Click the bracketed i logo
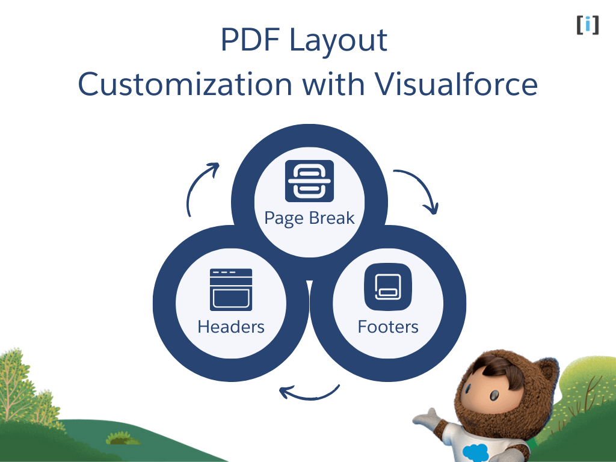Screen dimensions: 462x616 click(x=587, y=25)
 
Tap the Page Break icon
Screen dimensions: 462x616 click(x=309, y=180)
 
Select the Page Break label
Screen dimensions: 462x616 click(x=309, y=218)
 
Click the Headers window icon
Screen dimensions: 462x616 click(x=231, y=289)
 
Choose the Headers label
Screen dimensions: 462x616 click(x=231, y=327)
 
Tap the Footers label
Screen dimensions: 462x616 click(x=388, y=327)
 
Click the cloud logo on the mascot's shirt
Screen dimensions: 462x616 click(x=475, y=450)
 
